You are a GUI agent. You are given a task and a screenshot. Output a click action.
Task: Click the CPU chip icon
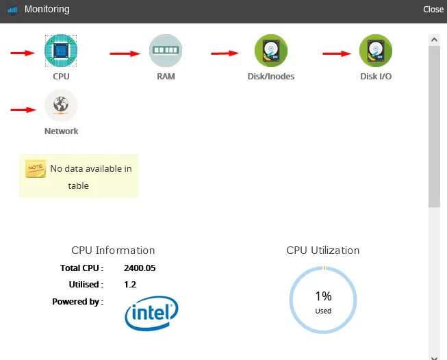61,51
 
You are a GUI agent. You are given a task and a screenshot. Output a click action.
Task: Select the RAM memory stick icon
166,51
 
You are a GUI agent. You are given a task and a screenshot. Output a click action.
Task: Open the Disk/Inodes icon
271,51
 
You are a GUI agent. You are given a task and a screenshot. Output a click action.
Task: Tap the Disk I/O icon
376,51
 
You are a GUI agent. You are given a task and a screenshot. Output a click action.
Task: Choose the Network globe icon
61,106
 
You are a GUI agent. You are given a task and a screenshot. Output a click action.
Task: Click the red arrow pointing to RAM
125,53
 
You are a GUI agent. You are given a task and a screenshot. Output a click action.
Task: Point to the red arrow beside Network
23,108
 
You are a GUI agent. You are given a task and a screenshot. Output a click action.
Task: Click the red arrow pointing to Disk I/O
336,53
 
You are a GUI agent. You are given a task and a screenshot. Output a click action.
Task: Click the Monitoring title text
47,10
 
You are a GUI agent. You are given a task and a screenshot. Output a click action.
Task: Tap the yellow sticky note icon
36,169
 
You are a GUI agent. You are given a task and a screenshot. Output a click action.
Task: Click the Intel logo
151,313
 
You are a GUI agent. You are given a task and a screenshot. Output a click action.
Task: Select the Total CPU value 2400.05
140,268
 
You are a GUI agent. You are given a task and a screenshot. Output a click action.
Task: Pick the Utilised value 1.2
130,285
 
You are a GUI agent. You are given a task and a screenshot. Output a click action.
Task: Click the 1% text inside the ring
323,296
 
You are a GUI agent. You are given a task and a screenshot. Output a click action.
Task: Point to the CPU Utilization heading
322,250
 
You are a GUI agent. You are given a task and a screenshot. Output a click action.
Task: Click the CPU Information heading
113,250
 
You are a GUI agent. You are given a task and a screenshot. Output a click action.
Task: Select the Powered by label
77,301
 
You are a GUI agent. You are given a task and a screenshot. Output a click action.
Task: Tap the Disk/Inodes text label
271,77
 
